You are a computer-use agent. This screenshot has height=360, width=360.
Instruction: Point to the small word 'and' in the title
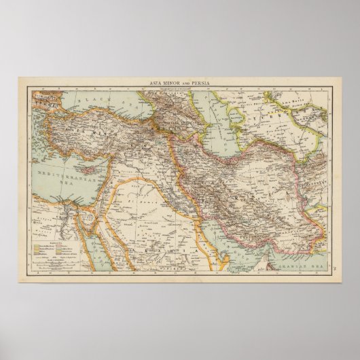click(185, 83)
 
